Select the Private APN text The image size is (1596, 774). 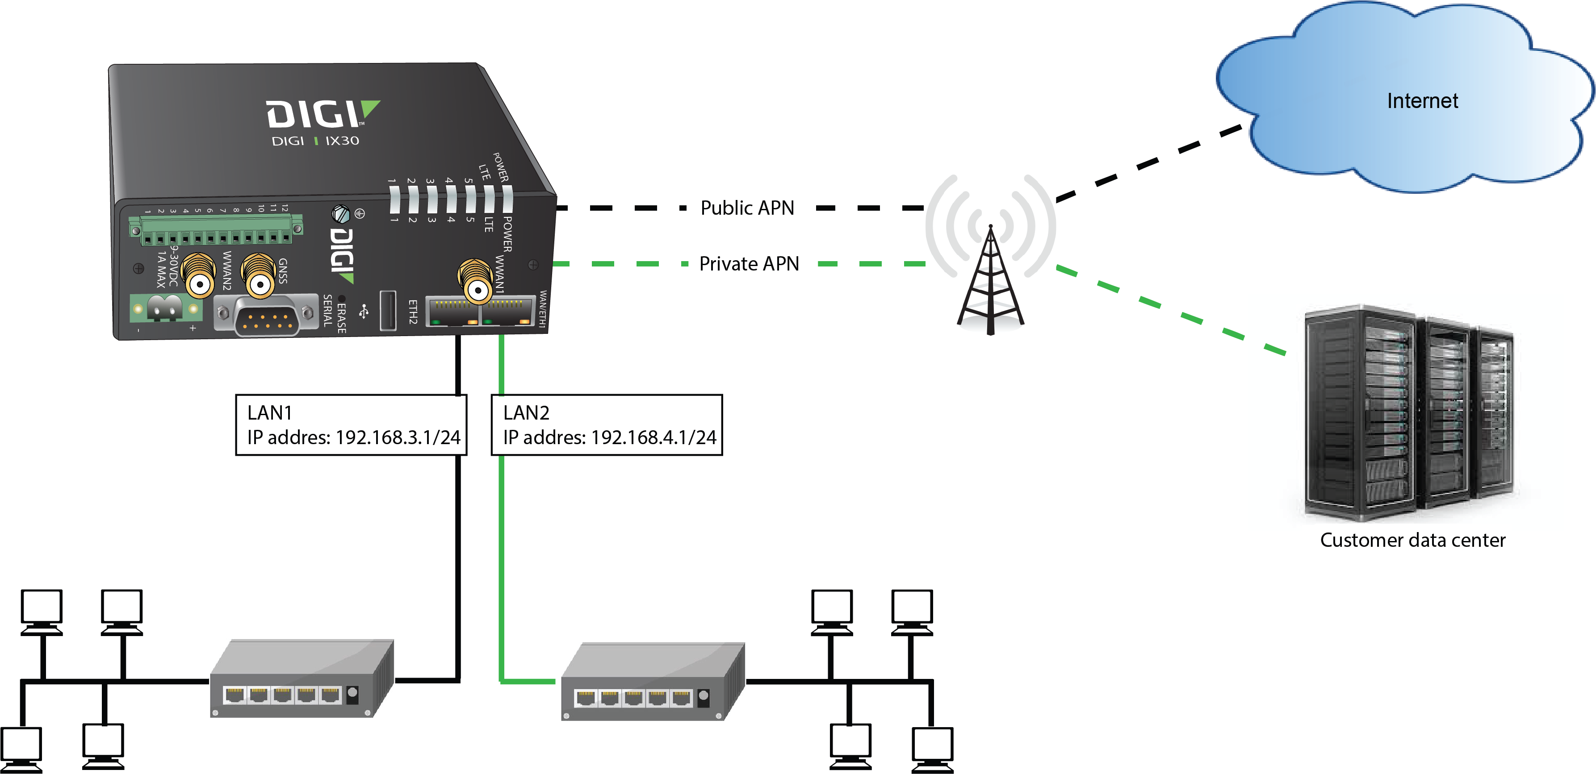[x=749, y=264]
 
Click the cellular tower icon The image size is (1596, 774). [x=990, y=279]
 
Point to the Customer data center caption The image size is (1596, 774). [x=1412, y=540]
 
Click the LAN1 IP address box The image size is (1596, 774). [x=351, y=425]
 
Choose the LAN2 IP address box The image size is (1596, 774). [x=607, y=425]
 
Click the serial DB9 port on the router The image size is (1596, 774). [x=266, y=315]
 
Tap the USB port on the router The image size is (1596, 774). [x=388, y=310]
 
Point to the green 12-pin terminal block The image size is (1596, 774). [x=216, y=230]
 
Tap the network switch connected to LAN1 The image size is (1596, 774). [x=302, y=678]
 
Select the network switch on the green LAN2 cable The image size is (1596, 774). [x=653, y=682]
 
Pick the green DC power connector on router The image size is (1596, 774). [x=165, y=308]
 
